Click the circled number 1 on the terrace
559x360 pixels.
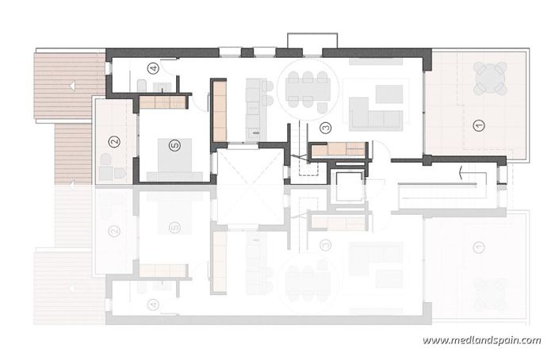click(x=477, y=124)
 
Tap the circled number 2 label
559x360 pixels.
click(x=114, y=142)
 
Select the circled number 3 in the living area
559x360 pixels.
click(x=324, y=127)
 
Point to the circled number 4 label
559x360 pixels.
click(x=153, y=68)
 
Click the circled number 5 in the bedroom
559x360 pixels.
click(x=174, y=144)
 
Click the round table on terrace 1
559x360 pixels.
click(x=489, y=79)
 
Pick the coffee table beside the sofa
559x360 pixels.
click(x=389, y=94)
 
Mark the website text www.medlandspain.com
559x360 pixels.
click(x=481, y=341)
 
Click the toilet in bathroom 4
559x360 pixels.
click(x=142, y=85)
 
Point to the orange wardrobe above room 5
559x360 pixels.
click(x=163, y=101)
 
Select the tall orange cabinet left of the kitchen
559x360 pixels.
click(x=220, y=111)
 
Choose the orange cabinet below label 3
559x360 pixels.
click(x=339, y=149)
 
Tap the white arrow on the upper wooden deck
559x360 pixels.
click(x=71, y=84)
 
